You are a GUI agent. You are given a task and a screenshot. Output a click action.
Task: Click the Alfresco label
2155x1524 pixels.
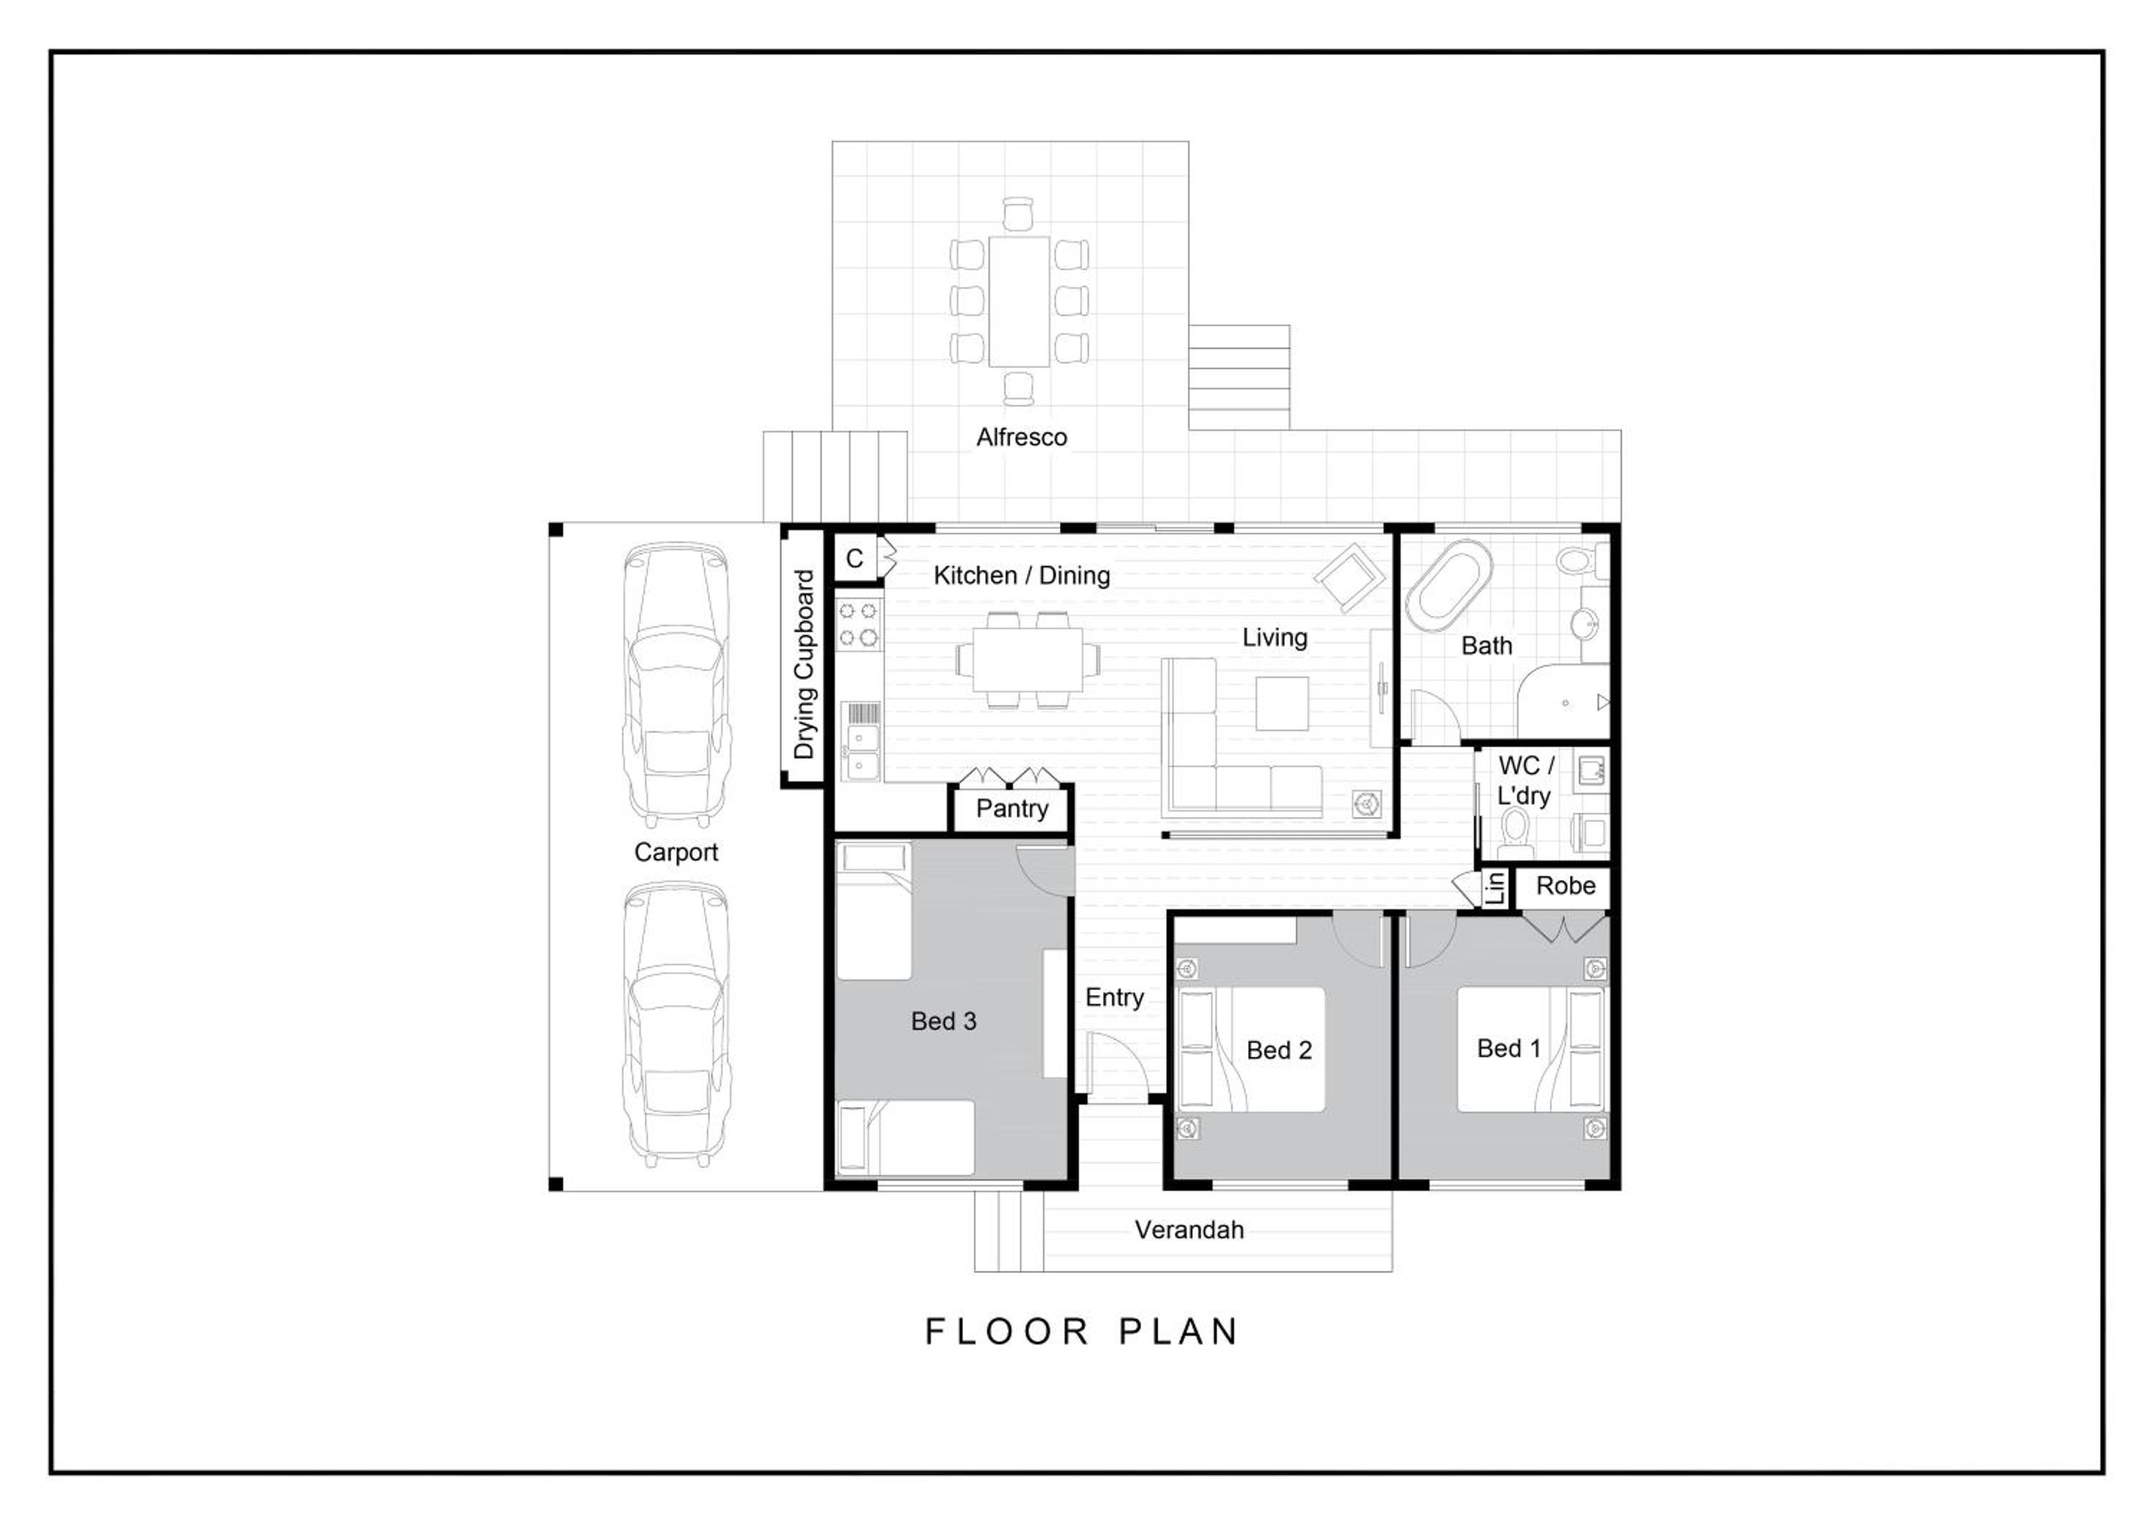click(x=1021, y=437)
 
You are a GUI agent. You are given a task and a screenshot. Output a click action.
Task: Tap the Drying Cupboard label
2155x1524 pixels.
click(x=805, y=664)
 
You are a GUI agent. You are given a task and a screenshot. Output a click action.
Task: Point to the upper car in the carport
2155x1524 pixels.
click(x=677, y=682)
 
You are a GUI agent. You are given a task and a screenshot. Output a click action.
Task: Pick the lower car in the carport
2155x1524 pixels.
click(x=677, y=1024)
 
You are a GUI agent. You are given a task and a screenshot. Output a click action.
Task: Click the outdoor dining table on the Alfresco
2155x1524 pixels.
click(x=1019, y=301)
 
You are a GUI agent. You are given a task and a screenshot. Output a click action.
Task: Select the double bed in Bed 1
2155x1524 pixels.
click(x=1531, y=1049)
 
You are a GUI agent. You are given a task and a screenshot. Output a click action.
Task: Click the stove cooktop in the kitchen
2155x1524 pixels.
click(x=859, y=625)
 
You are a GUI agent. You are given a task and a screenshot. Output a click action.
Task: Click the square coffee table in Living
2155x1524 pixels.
click(x=1282, y=704)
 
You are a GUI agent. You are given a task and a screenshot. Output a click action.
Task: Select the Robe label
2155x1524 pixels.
click(x=1565, y=885)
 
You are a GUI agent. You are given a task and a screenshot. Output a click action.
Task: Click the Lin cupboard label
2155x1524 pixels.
click(x=1496, y=887)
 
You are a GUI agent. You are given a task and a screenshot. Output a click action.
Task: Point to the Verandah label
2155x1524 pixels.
click(x=1189, y=1230)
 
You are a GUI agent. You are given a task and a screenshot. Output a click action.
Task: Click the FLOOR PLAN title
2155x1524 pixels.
click(x=1083, y=1332)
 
